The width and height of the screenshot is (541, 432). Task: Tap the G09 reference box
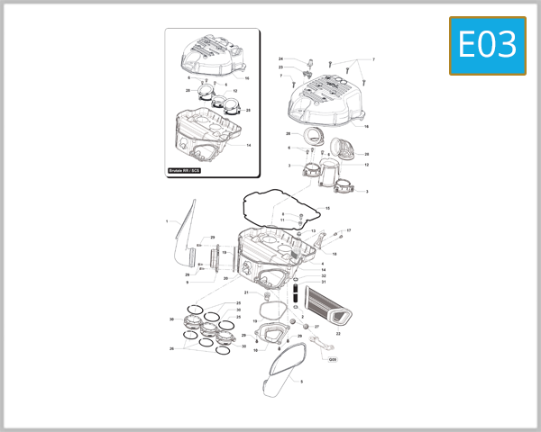(x=332, y=360)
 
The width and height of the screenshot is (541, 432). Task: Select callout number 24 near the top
(x=280, y=58)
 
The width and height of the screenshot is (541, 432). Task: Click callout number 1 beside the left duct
(x=167, y=220)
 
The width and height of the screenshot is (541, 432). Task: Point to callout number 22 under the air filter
(x=338, y=333)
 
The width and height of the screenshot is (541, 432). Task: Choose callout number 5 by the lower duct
(x=301, y=382)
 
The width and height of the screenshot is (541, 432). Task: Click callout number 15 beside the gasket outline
(x=327, y=208)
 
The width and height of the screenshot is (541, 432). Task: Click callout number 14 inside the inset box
(x=248, y=144)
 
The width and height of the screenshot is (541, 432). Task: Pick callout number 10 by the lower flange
(x=256, y=350)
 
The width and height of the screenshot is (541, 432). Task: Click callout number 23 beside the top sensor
(x=280, y=67)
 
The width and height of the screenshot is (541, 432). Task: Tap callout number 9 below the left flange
(x=187, y=283)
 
